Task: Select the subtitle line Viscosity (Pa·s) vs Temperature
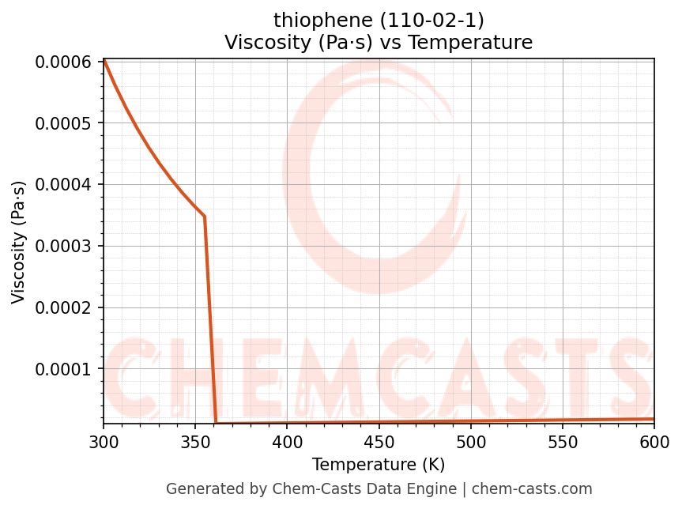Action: (379, 42)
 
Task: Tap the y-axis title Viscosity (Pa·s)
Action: (19, 242)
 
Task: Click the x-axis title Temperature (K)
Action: (379, 464)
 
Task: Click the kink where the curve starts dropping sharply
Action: (205, 216)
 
